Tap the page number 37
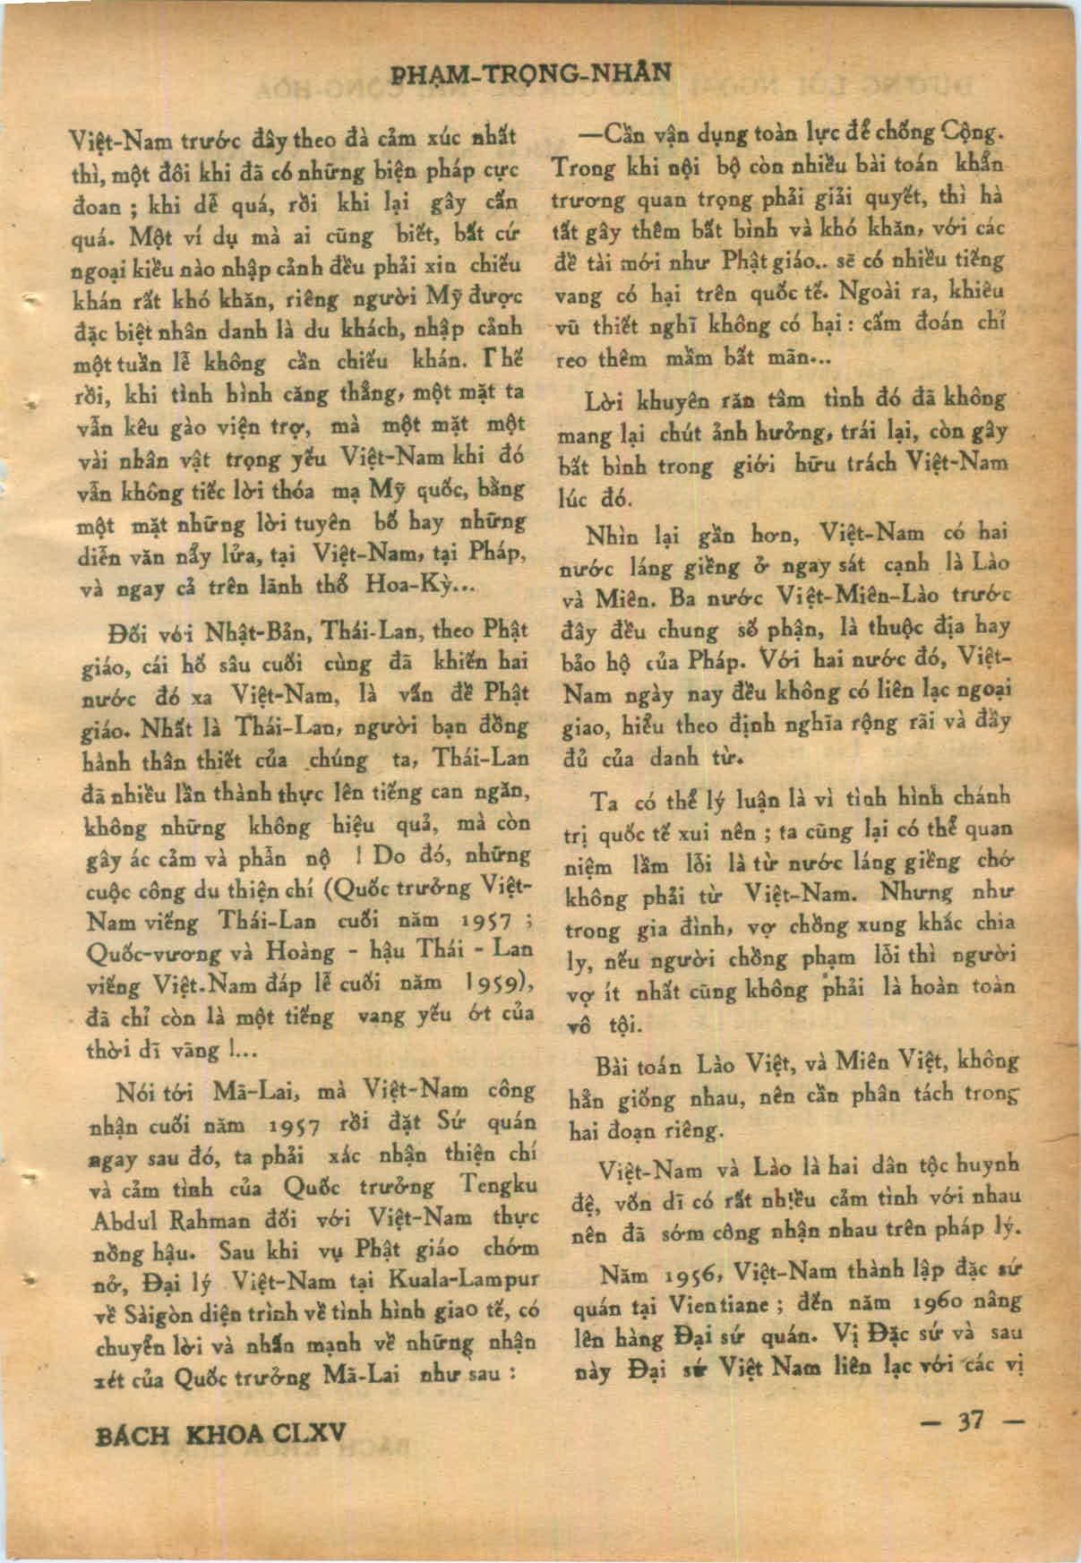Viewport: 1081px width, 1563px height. (971, 1421)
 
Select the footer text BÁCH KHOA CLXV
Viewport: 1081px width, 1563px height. (220, 1435)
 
